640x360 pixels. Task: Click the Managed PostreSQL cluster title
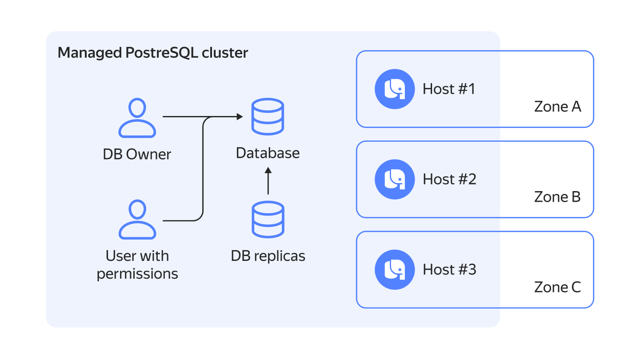pyautogui.click(x=153, y=53)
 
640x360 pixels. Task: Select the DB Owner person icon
pyautogui.click(x=137, y=118)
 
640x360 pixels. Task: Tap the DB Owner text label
pyautogui.click(x=137, y=154)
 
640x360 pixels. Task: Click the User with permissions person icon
pyautogui.click(x=137, y=220)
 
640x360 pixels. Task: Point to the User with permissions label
pyautogui.click(x=137, y=265)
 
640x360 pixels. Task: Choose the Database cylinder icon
pyautogui.click(x=268, y=117)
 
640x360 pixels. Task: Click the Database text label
pyautogui.click(x=268, y=153)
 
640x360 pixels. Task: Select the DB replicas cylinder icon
pyautogui.click(x=268, y=220)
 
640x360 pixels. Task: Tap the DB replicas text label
pyautogui.click(x=268, y=256)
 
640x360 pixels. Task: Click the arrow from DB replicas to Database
pyautogui.click(x=268, y=181)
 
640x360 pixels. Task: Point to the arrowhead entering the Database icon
pyautogui.click(x=240, y=117)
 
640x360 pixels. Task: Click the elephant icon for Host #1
pyautogui.click(x=395, y=89)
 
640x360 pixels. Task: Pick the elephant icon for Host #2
pyautogui.click(x=395, y=179)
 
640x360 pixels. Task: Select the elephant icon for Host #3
pyautogui.click(x=395, y=270)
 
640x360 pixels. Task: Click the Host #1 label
pyautogui.click(x=449, y=89)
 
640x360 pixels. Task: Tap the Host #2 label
pyautogui.click(x=449, y=179)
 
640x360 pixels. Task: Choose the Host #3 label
pyautogui.click(x=449, y=270)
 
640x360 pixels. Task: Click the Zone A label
pyautogui.click(x=557, y=107)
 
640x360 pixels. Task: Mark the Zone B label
pyautogui.click(x=557, y=197)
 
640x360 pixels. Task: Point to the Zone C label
pyautogui.click(x=557, y=287)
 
